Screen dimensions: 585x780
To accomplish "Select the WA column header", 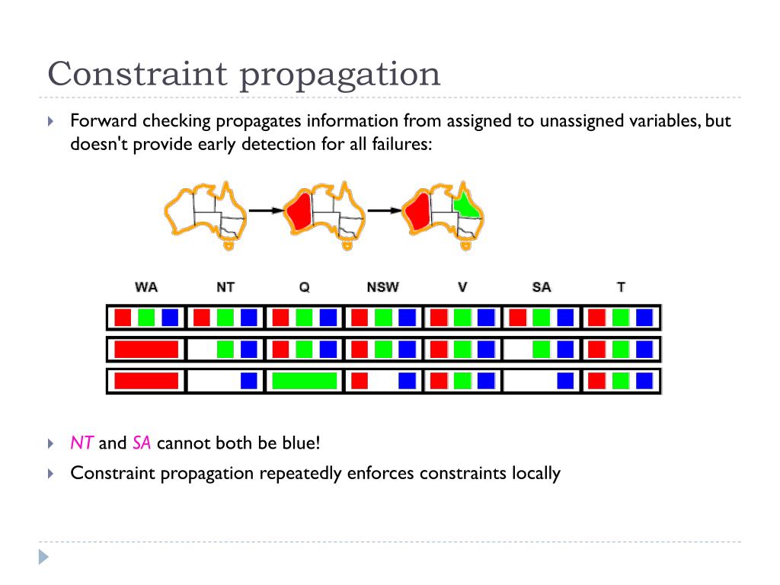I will point(146,287).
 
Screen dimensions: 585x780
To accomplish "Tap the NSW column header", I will point(382,287).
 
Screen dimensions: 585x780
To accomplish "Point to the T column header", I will point(621,287).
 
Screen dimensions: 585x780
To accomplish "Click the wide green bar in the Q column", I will point(304,380).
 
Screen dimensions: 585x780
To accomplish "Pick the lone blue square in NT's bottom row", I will point(248,380).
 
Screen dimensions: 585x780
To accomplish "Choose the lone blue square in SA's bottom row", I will point(565,380).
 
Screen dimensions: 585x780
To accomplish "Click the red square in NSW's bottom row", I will point(360,380).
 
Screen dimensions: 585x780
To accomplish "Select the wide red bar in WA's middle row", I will point(146,350).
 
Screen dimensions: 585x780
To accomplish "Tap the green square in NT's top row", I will point(225,317).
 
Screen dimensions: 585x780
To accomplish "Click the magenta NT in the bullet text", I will point(82,443).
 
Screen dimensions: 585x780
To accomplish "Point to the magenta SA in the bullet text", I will point(142,443).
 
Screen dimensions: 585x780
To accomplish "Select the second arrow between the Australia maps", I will point(385,210).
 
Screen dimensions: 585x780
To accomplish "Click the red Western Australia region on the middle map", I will point(299,210).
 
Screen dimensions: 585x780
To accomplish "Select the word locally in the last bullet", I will point(532,473).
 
